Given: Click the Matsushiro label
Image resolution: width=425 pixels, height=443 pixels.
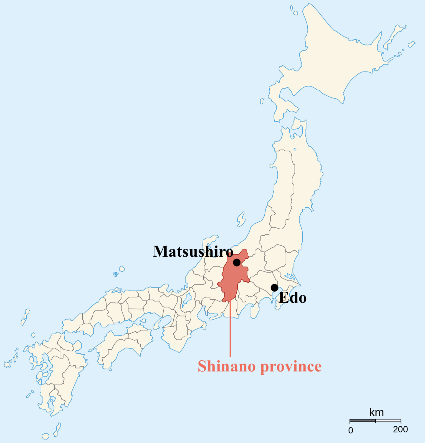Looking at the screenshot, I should click(x=193, y=252).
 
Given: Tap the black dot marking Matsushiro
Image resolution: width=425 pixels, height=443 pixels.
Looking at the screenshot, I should click(x=237, y=262).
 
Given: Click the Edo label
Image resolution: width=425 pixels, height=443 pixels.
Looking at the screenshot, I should click(x=293, y=298).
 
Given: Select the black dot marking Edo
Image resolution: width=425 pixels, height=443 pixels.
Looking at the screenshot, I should click(x=274, y=288).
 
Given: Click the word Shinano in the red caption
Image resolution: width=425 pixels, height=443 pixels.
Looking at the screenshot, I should click(x=227, y=366).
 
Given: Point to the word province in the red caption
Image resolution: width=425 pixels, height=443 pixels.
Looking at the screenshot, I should click(x=291, y=367).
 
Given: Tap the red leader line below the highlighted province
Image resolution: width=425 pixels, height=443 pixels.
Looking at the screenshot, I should click(x=230, y=333).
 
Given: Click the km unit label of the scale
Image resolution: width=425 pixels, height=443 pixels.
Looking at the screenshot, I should click(x=376, y=413).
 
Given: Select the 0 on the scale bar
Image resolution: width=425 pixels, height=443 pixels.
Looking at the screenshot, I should click(x=351, y=431).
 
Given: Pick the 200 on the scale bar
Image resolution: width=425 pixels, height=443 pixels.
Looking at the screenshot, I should click(x=400, y=429).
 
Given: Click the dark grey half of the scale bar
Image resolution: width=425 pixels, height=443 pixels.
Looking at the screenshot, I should click(x=362, y=421).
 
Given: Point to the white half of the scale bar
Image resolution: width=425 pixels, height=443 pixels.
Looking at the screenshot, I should click(x=388, y=421).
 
